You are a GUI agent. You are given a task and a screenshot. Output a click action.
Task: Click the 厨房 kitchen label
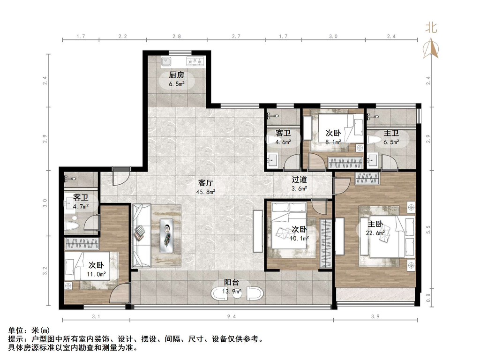(x=176, y=75)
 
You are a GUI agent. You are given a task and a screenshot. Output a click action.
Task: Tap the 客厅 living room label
(x=205, y=183)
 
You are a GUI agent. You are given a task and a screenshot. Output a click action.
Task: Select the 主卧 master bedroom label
(x=375, y=225)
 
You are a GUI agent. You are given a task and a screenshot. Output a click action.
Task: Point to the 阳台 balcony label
(x=231, y=283)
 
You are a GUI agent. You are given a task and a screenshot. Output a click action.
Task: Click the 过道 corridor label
(x=299, y=180)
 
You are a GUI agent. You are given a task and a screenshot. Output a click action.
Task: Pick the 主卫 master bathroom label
(x=391, y=134)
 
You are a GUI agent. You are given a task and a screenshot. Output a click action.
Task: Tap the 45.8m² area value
(x=205, y=192)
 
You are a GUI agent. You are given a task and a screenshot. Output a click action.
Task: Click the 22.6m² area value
(x=375, y=233)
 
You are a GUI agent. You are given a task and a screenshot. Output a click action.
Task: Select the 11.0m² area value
(x=96, y=274)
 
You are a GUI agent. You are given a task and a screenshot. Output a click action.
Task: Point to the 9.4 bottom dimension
(x=232, y=316)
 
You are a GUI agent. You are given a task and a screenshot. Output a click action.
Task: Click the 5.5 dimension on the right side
(x=428, y=230)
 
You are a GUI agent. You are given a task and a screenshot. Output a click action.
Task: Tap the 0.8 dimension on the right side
(x=428, y=297)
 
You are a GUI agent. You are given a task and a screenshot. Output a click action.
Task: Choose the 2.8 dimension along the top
(x=177, y=37)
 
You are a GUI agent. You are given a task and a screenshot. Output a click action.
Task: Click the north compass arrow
(x=431, y=48)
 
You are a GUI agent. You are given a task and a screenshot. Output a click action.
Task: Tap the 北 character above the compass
(x=431, y=28)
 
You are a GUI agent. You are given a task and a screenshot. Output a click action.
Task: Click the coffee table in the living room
(x=166, y=236)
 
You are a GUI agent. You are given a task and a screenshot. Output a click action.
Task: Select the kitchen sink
(x=166, y=61)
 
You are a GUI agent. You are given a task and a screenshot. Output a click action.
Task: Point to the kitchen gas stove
(x=195, y=62)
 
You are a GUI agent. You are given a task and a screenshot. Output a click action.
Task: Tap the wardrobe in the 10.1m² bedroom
(x=325, y=243)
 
